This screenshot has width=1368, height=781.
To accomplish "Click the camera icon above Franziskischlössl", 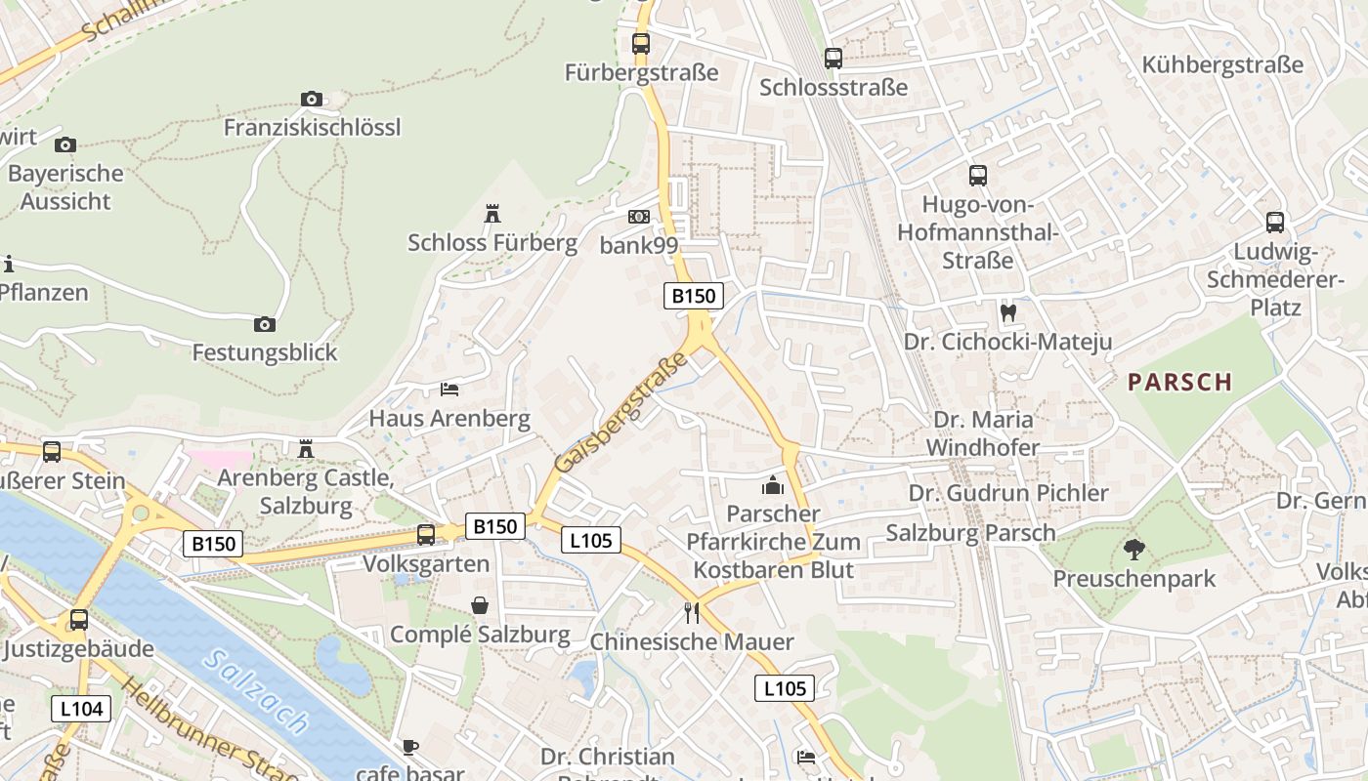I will pos(312,99).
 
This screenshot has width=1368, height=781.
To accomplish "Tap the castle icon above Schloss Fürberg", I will pos(492,213).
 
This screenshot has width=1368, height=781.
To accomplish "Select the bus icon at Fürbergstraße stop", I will pos(641,43).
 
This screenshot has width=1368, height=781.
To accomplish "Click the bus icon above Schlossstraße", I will pos(833,59).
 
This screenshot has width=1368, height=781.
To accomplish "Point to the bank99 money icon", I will pos(638,216).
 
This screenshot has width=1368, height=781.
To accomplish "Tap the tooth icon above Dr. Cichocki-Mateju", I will pos(1008,312).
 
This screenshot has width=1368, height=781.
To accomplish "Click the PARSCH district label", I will pos(1179,382).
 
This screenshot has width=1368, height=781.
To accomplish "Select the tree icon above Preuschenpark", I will pos(1133,550).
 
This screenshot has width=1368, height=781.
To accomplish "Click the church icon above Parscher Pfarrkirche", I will pos(773,484).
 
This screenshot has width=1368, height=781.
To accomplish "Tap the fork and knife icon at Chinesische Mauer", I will pos(692,613).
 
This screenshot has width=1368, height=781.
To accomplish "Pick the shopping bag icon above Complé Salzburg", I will pos(480,605).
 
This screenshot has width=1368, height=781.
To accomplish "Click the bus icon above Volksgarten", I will pos(425,534).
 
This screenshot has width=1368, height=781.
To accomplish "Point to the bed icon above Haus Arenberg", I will pos(449,389).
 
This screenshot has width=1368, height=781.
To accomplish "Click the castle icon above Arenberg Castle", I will pos(306,448).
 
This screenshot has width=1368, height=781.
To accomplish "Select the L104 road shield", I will pos(81,709).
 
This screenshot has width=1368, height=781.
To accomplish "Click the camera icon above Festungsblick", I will pos(264,324).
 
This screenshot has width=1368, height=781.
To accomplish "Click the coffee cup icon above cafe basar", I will pos(410,747).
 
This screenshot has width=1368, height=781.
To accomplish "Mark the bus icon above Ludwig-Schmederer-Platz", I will pos(1274,222).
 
